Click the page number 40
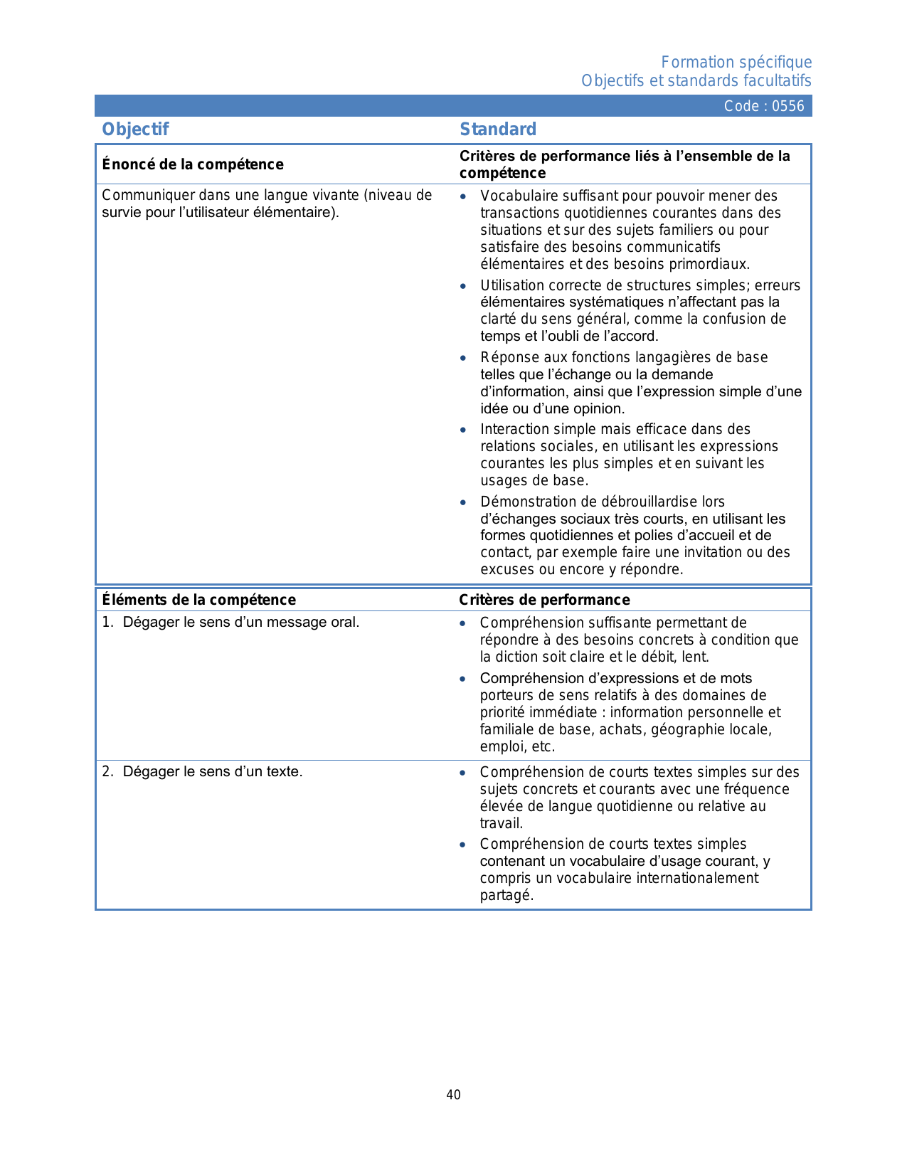pos(453,1095)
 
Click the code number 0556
pos(788,107)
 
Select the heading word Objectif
pos(135,129)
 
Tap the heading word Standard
pos(498,129)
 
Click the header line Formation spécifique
pos(736,63)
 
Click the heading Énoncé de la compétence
pos(193,165)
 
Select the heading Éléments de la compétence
pos(199,600)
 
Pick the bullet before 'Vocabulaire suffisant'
pos(463,196)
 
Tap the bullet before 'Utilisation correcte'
pos(463,286)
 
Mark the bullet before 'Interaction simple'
pos(463,430)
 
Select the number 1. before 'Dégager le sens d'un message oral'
pos(107,623)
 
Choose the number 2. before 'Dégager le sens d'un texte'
pos(107,772)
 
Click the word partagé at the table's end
pos(506,896)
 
